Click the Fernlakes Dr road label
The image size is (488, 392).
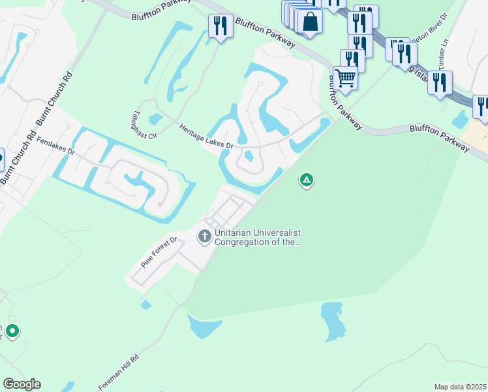coord(56,146)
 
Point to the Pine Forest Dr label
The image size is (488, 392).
coord(159,253)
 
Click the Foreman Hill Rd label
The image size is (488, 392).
coord(119,372)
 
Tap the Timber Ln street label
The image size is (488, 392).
coord(446,63)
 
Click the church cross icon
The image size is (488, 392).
coord(205,236)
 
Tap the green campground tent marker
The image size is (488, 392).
coord(306,180)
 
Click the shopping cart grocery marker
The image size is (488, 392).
coord(345,78)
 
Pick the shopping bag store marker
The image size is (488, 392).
coord(311,21)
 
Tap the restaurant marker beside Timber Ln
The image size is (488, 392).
coord(440,82)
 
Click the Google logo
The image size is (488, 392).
coord(22,384)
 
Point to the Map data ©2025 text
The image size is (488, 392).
coord(459,387)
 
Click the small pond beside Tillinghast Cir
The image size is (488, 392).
coord(155,120)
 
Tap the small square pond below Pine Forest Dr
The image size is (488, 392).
coord(145,304)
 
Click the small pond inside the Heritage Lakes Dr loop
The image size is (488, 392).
coord(249,156)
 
